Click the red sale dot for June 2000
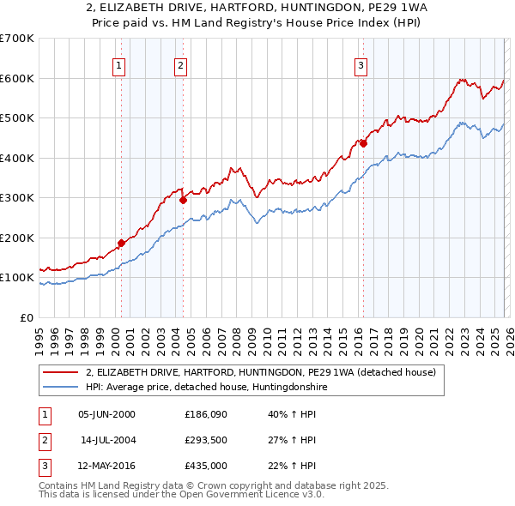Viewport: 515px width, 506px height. (x=121, y=244)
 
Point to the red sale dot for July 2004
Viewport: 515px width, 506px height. (x=184, y=201)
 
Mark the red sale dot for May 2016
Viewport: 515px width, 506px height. (x=363, y=144)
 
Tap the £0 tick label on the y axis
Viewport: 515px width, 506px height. (x=27, y=317)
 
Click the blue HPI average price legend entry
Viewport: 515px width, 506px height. (x=206, y=388)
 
